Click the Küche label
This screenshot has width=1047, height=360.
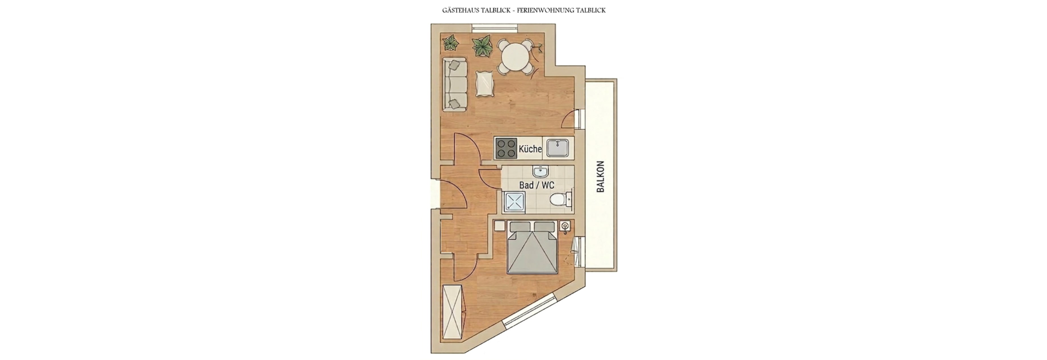(x=530, y=149)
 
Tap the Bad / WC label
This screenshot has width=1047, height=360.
(x=537, y=185)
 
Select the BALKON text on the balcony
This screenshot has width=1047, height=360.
(x=601, y=176)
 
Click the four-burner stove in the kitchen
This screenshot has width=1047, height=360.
(x=507, y=148)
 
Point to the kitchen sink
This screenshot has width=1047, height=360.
(x=558, y=148)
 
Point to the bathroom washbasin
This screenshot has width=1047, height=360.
(x=540, y=171)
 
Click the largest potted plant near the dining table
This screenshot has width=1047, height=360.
(x=482, y=46)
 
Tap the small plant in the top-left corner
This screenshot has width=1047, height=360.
(x=450, y=43)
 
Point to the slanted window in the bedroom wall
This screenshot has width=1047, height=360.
(x=529, y=310)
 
